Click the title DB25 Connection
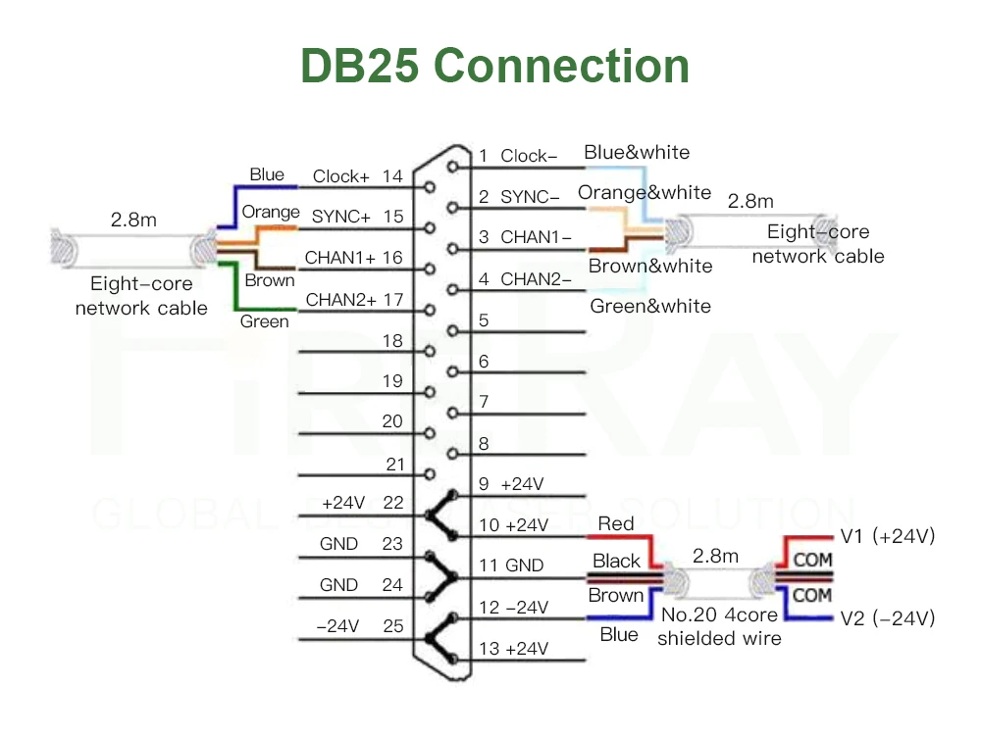click(494, 66)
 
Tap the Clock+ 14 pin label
click(357, 176)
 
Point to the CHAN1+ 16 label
click(353, 258)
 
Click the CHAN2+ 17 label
click(354, 299)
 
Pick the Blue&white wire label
click(637, 152)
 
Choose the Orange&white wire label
click(645, 192)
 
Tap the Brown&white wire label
click(650, 266)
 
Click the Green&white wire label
click(650, 306)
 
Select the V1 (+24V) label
click(888, 536)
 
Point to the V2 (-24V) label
click(888, 618)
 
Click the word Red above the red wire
click(616, 524)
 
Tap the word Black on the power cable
click(616, 561)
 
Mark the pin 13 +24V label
click(513, 649)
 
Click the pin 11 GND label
click(510, 565)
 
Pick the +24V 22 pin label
click(362, 503)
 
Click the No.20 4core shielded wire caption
click(719, 626)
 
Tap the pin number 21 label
click(394, 464)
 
